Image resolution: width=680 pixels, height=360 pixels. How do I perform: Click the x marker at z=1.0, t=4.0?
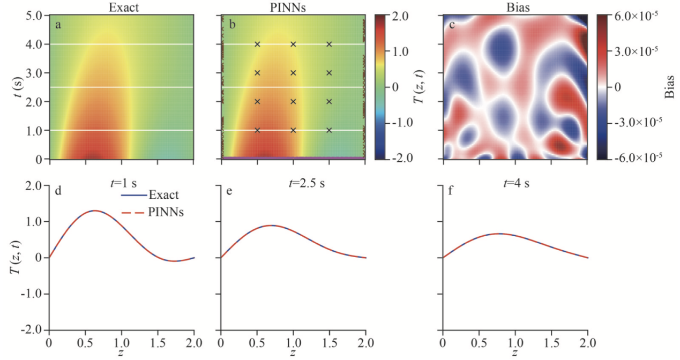(x=293, y=44)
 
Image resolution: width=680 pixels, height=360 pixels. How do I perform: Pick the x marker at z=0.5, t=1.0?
(x=257, y=130)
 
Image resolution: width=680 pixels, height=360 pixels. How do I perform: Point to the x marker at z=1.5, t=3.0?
(x=329, y=73)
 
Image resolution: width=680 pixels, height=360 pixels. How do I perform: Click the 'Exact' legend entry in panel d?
(x=161, y=196)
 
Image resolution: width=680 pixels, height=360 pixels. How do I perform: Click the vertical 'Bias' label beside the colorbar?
(x=670, y=87)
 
